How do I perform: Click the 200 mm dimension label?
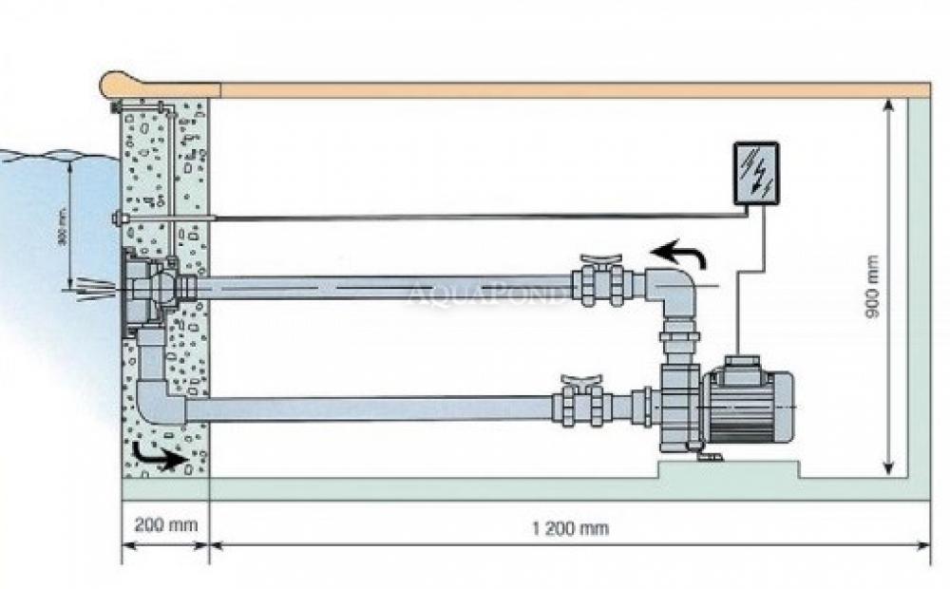point(163,524)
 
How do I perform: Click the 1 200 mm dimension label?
point(570,528)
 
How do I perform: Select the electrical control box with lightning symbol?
point(756,173)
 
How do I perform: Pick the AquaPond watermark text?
point(486,295)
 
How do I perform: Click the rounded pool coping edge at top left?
point(120,85)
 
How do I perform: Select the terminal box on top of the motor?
point(740,364)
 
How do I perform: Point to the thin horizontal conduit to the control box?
point(475,218)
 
